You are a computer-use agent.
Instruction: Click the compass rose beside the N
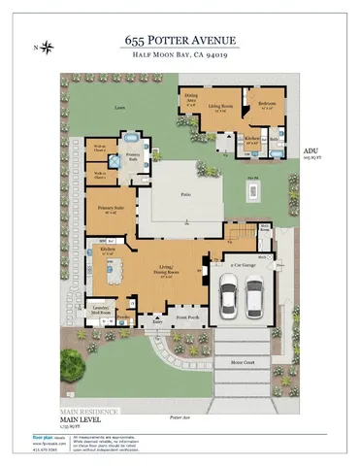click(x=49, y=47)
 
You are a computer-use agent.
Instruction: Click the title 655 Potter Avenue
click(x=180, y=41)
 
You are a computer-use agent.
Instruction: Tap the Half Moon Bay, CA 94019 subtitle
click(x=180, y=56)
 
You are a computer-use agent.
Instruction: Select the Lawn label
click(x=119, y=108)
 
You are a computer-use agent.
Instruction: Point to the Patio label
click(x=183, y=195)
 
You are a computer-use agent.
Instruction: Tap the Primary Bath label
click(x=134, y=154)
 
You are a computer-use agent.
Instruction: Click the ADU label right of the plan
click(x=311, y=152)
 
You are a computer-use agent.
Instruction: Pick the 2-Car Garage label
click(x=243, y=264)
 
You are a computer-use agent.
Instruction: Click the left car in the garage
click(x=229, y=295)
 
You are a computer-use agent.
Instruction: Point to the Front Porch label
click(x=186, y=317)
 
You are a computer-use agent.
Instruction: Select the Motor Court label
click(x=242, y=363)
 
